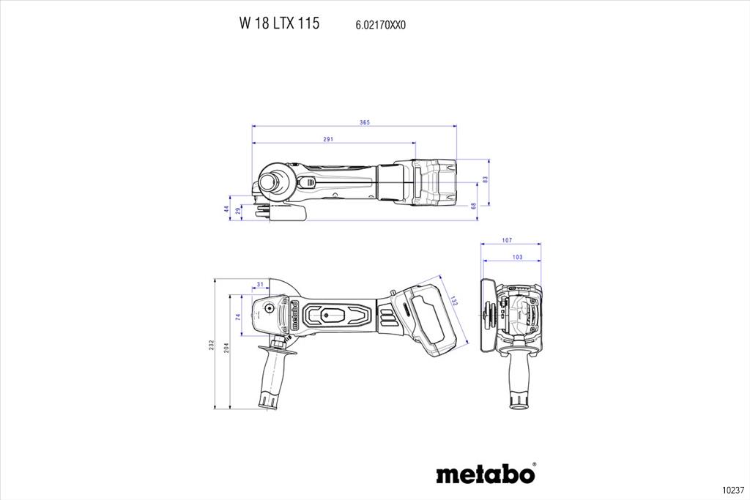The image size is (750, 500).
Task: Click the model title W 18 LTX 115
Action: click(x=279, y=23)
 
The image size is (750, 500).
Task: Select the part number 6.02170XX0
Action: click(x=380, y=26)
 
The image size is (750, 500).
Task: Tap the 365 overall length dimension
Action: click(x=365, y=122)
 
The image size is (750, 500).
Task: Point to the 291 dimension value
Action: click(x=327, y=139)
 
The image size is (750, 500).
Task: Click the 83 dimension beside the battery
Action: click(x=485, y=180)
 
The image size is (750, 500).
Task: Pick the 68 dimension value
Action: click(x=473, y=206)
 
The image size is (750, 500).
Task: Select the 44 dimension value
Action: click(x=226, y=209)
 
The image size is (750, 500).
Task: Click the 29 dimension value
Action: click(x=238, y=210)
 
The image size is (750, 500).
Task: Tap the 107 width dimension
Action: click(x=507, y=240)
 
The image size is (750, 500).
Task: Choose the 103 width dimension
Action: click(x=518, y=257)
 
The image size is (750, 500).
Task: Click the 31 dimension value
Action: click(x=260, y=285)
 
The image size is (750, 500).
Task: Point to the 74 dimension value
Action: click(x=238, y=317)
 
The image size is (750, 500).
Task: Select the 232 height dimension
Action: click(x=211, y=345)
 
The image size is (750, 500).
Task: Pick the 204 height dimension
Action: click(x=226, y=348)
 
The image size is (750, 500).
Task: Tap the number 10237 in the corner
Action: click(x=733, y=490)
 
